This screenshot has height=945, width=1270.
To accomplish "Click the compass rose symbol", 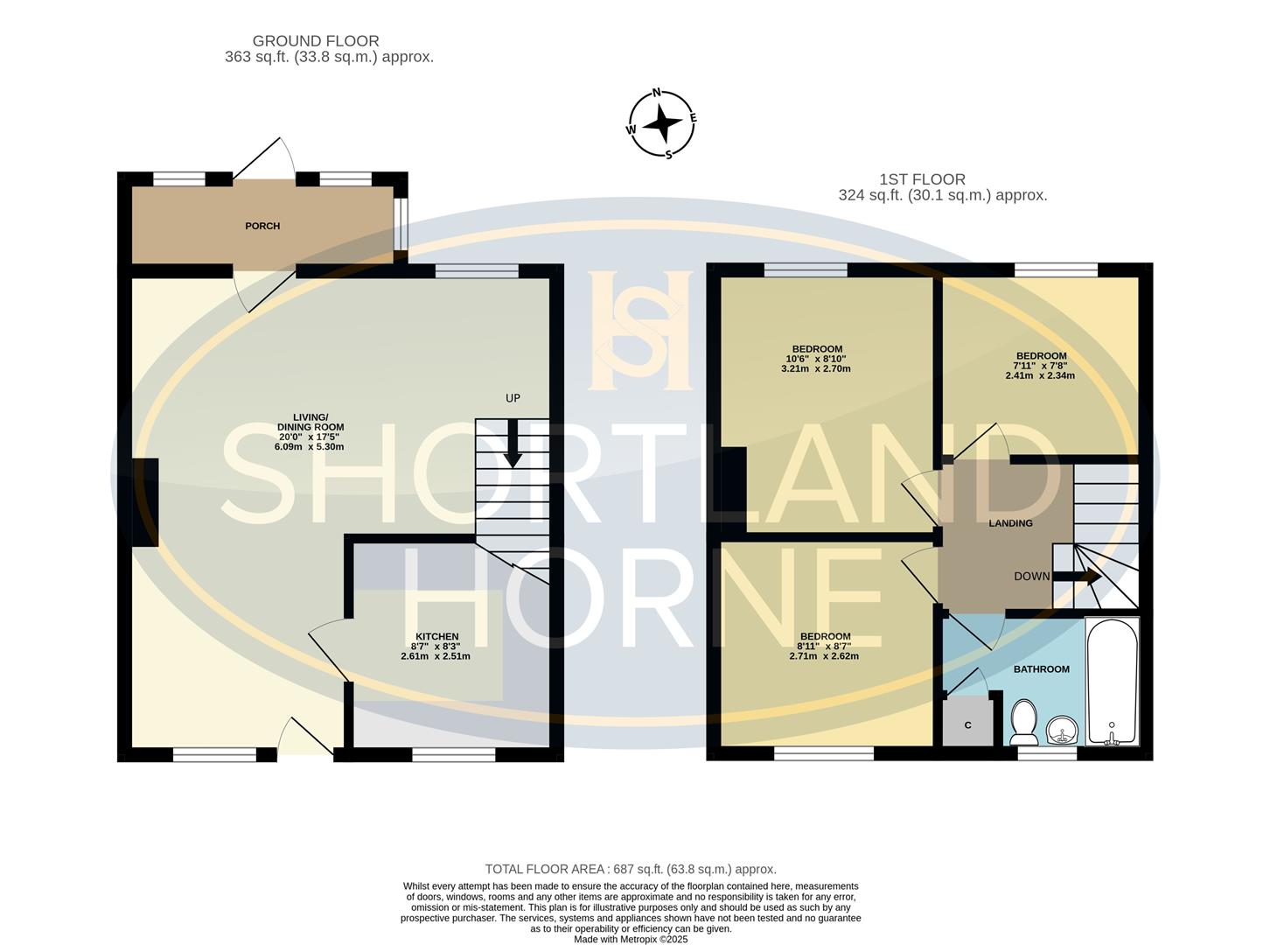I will pyautogui.click(x=663, y=123).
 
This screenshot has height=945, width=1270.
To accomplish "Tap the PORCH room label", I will pyautogui.click(x=262, y=226).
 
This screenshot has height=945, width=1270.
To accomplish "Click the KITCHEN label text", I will pyautogui.click(x=436, y=636).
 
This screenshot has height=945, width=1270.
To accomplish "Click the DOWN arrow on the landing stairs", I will pyautogui.click(x=1076, y=577).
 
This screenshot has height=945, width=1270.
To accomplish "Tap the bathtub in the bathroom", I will pyautogui.click(x=1112, y=682).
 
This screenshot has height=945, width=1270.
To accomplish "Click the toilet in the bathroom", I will pyautogui.click(x=1021, y=720).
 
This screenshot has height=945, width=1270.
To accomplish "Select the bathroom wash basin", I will pyautogui.click(x=1062, y=728).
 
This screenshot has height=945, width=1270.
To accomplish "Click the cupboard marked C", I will pyautogui.click(x=968, y=723).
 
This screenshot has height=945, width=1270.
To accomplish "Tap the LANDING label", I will pyautogui.click(x=1010, y=523).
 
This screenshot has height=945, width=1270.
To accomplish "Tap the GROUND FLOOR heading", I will pyautogui.click(x=316, y=41).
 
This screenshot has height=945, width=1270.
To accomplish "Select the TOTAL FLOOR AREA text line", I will pyautogui.click(x=631, y=869).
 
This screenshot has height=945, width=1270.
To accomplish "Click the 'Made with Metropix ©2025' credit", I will pyautogui.click(x=631, y=939).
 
